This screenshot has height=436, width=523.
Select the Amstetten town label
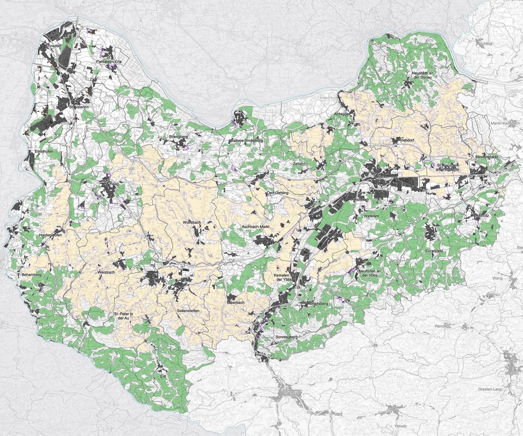click(360, 200)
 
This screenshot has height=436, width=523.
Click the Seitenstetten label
click(188, 310)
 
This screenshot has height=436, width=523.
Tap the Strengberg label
click(178, 137)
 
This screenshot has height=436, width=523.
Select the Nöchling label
click(485, 43)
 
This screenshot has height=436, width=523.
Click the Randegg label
click(442, 326)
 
